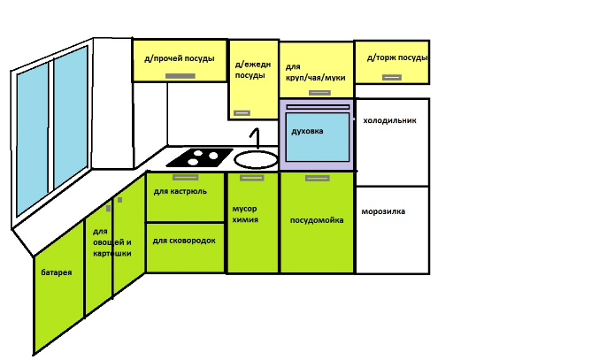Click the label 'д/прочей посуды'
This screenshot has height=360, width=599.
179,59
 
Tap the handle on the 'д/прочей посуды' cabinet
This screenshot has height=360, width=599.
180,76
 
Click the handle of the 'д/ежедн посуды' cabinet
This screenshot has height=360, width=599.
242,112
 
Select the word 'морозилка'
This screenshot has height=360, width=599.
384,211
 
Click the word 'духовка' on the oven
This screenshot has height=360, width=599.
307,131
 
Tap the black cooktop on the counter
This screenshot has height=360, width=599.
199,157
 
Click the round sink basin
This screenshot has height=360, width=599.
257,159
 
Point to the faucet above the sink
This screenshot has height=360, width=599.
256,137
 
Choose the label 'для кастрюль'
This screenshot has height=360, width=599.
180,190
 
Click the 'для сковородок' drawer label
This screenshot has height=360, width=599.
184,240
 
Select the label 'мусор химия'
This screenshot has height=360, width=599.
245,213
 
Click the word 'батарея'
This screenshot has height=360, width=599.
56,272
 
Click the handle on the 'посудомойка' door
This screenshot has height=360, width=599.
317,178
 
